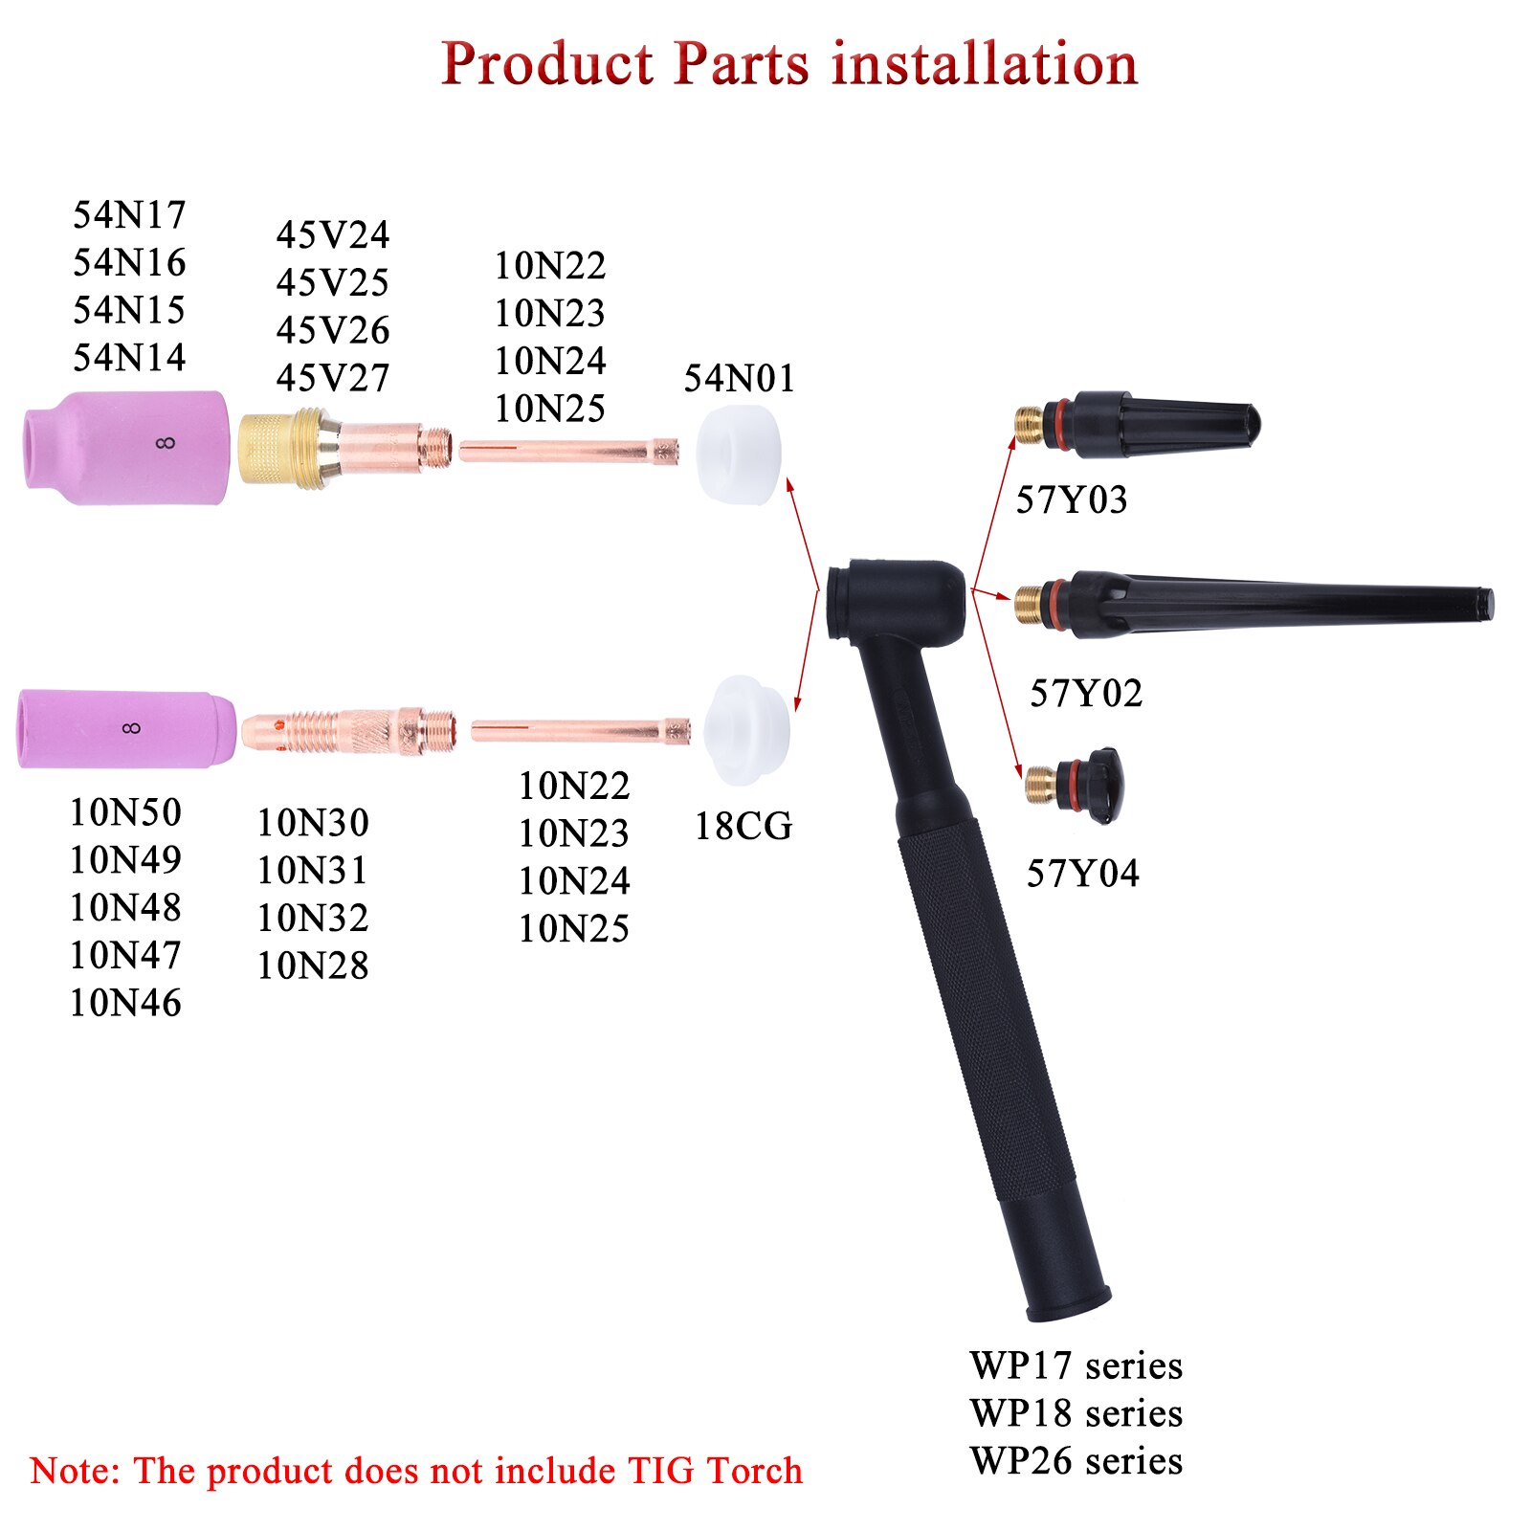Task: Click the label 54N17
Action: (x=129, y=214)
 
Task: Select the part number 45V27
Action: (x=333, y=378)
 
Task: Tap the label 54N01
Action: (x=739, y=379)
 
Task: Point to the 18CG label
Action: (x=743, y=826)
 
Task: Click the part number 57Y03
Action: (x=1072, y=499)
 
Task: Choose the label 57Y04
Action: (x=1083, y=873)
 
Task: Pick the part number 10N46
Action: (x=125, y=1003)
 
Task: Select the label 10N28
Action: (x=313, y=965)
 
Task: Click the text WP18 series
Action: (x=1076, y=1413)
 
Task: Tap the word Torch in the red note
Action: (x=754, y=1471)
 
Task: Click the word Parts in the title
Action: (x=742, y=64)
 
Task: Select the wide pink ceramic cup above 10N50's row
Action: (x=127, y=447)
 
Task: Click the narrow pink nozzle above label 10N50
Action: (x=126, y=729)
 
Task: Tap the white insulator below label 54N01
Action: (x=738, y=454)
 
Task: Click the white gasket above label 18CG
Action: (x=746, y=730)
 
